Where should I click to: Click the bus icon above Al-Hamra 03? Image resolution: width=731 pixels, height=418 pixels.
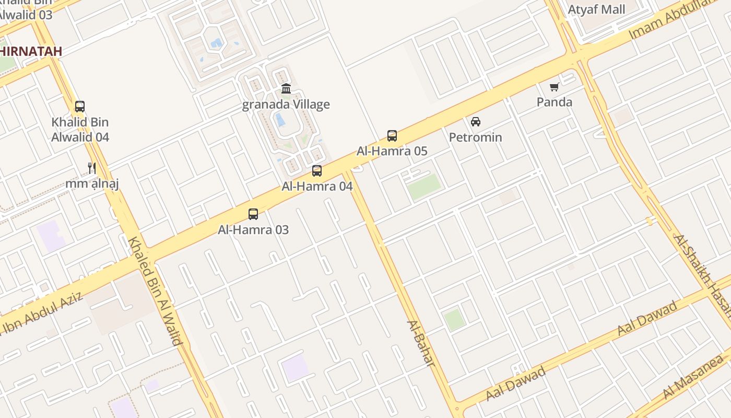tap(253, 214)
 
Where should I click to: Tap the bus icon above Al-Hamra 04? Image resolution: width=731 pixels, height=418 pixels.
tap(317, 170)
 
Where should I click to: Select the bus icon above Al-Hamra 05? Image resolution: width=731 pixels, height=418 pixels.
tap(392, 136)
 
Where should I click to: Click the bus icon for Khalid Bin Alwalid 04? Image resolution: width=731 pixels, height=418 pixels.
tap(80, 107)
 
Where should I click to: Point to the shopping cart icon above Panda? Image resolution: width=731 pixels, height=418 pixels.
tap(554, 87)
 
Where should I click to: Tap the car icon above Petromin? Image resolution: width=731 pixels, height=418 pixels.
tap(476, 122)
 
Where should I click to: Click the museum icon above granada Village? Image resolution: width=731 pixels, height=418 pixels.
tap(286, 89)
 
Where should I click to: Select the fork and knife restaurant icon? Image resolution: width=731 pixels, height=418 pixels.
tap(92, 168)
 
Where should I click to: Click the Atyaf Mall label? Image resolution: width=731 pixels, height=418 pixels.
tap(596, 9)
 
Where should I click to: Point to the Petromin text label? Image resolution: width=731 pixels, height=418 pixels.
tap(476, 137)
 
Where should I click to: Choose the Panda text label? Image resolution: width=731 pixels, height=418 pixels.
tap(555, 102)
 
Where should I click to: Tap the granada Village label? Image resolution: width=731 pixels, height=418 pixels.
tap(286, 104)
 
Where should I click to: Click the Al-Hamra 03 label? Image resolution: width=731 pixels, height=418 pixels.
tap(253, 230)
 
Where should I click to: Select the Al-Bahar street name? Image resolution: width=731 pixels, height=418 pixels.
tap(421, 343)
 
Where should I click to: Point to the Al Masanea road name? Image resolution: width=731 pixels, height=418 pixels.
tap(696, 377)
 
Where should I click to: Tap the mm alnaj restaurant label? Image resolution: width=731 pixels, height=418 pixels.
tap(92, 183)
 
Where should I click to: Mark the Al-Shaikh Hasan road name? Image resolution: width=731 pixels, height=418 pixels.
tap(702, 274)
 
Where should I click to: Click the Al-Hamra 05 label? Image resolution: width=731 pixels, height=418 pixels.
tap(392, 152)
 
